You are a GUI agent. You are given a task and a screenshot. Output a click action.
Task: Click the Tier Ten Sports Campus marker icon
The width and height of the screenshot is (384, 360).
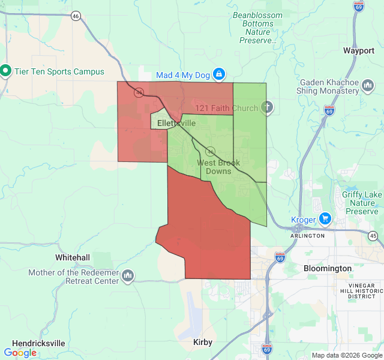[x=6, y=71]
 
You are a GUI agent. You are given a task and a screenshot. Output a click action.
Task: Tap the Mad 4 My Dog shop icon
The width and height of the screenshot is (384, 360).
[x=219, y=74]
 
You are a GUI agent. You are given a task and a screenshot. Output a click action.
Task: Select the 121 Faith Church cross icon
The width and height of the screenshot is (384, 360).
[x=268, y=108]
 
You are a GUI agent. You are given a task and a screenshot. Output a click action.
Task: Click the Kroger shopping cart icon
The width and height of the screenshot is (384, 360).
[x=325, y=219]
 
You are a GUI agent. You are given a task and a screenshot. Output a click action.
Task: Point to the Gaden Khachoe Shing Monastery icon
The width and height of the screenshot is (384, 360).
[x=368, y=90]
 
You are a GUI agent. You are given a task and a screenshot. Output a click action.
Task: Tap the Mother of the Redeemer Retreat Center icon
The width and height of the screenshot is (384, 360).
[x=127, y=276]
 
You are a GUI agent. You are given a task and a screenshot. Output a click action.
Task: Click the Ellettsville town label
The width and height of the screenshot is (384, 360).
[x=176, y=123]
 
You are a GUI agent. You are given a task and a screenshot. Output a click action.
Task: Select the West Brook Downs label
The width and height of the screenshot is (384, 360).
[x=218, y=167]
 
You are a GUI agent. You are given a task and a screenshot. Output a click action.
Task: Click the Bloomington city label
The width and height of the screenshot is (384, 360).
[x=328, y=268]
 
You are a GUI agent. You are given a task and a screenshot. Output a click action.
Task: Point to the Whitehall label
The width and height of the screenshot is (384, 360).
[x=73, y=257]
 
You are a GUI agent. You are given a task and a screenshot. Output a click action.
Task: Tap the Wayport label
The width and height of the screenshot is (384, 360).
[x=359, y=51]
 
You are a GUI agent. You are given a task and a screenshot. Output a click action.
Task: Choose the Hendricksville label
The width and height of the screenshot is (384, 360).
[x=38, y=343]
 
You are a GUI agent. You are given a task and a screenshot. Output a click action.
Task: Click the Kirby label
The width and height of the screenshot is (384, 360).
[x=203, y=342]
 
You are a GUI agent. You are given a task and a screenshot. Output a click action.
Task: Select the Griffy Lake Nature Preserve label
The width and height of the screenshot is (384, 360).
[x=362, y=203]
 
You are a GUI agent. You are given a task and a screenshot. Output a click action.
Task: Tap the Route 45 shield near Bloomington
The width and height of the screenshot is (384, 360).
[x=373, y=236]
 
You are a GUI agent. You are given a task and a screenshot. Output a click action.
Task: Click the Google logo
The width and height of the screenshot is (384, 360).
[x=20, y=353]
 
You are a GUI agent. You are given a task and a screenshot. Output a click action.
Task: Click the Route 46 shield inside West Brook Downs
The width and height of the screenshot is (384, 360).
[x=211, y=151]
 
